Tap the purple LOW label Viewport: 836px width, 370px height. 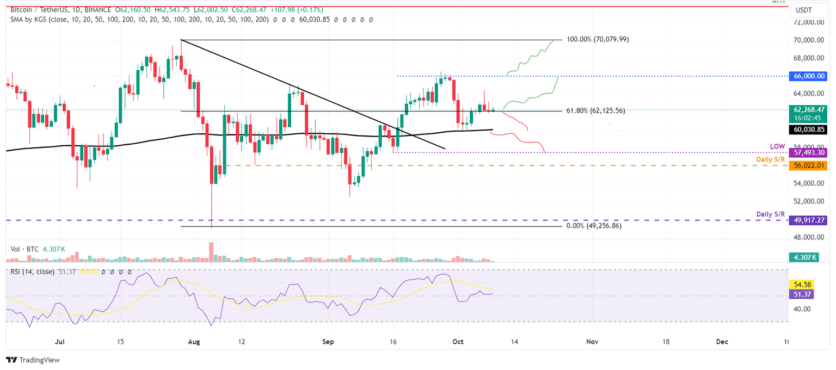click(777, 146)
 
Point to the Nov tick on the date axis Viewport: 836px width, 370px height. click(592, 342)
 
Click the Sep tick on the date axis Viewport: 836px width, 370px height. click(327, 342)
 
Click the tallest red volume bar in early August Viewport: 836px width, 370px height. click(211, 252)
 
